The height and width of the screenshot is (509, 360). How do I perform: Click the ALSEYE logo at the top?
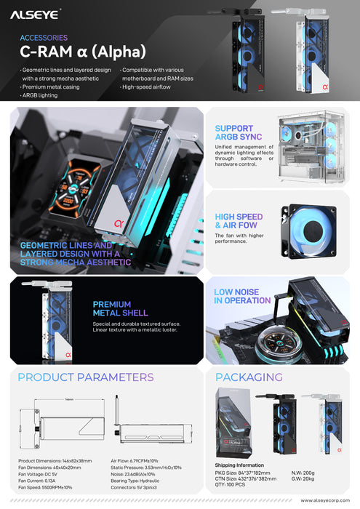pos(36,12)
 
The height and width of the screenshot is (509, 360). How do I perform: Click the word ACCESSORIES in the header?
pos(43,37)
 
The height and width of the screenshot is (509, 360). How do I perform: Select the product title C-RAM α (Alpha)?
pos(83,52)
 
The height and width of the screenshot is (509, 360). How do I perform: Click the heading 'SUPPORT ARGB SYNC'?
pos(234,133)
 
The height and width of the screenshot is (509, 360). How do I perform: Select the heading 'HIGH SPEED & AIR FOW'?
pos(239,221)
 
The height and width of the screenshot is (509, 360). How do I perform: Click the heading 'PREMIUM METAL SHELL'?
pos(113,309)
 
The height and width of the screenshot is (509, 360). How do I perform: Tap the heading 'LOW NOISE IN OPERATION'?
pos(242,296)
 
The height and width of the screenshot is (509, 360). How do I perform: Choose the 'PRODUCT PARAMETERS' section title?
pos(86,377)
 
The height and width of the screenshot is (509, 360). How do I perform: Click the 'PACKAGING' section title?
pos(249,377)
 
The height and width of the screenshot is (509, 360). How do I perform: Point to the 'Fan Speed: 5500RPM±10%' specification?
pos(47,486)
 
